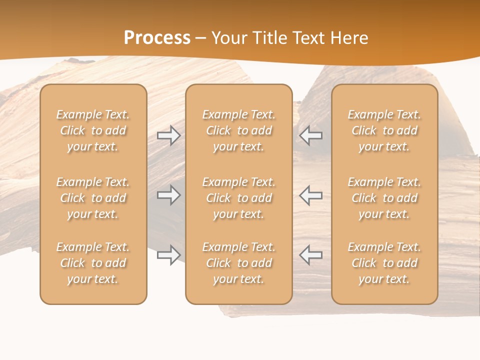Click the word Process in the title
pyautogui.click(x=157, y=37)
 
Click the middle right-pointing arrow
pyautogui.click(x=168, y=195)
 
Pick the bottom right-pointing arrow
pyautogui.click(x=168, y=255)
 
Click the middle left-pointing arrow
pyautogui.click(x=310, y=195)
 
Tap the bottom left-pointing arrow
pyautogui.click(x=310, y=255)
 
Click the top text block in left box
pyautogui.click(x=93, y=130)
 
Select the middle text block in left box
pyautogui.click(x=93, y=198)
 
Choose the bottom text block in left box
pyautogui.click(x=93, y=263)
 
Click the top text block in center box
pyautogui.click(x=238, y=130)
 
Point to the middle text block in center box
pyautogui.click(x=238, y=198)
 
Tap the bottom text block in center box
pyautogui.click(x=238, y=263)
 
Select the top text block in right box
pyautogui.click(x=384, y=130)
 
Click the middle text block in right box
pyautogui.click(x=384, y=198)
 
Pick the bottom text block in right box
pyautogui.click(x=384, y=263)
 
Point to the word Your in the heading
pyautogui.click(x=228, y=37)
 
